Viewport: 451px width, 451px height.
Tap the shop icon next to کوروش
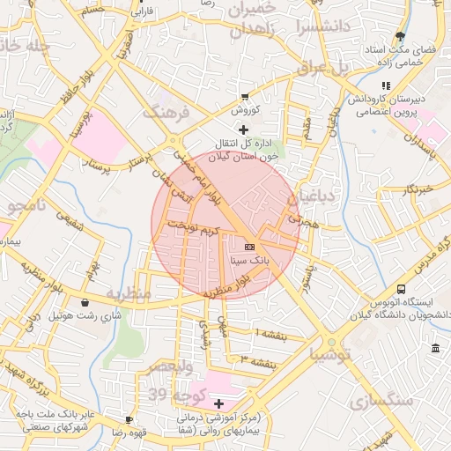(246, 97)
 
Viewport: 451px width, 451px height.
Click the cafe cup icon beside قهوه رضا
(130, 419)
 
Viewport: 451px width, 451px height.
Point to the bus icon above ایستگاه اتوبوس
(402, 289)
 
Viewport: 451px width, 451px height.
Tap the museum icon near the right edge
(436, 351)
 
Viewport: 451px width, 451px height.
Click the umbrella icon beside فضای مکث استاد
(401, 37)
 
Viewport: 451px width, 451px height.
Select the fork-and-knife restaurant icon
(385, 85)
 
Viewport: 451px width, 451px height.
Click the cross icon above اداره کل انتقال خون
(243, 129)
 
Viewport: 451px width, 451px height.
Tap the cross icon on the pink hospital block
(218, 403)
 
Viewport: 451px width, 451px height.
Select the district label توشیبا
(329, 356)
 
